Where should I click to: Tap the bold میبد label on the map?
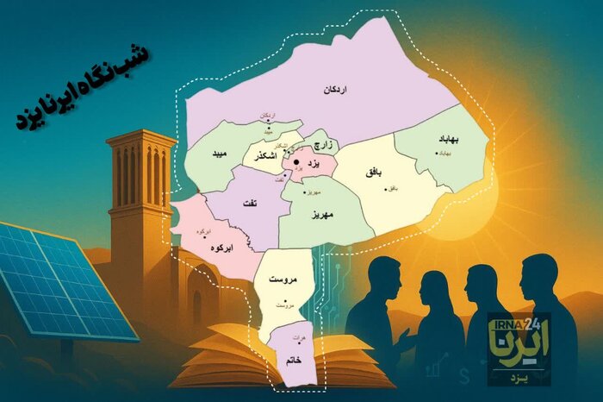coord(217,153)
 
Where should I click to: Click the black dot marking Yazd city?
coord(295,161)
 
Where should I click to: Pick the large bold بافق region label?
coord(374,173)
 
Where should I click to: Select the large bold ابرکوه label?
coord(220,248)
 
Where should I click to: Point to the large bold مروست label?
coord(283,281)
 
